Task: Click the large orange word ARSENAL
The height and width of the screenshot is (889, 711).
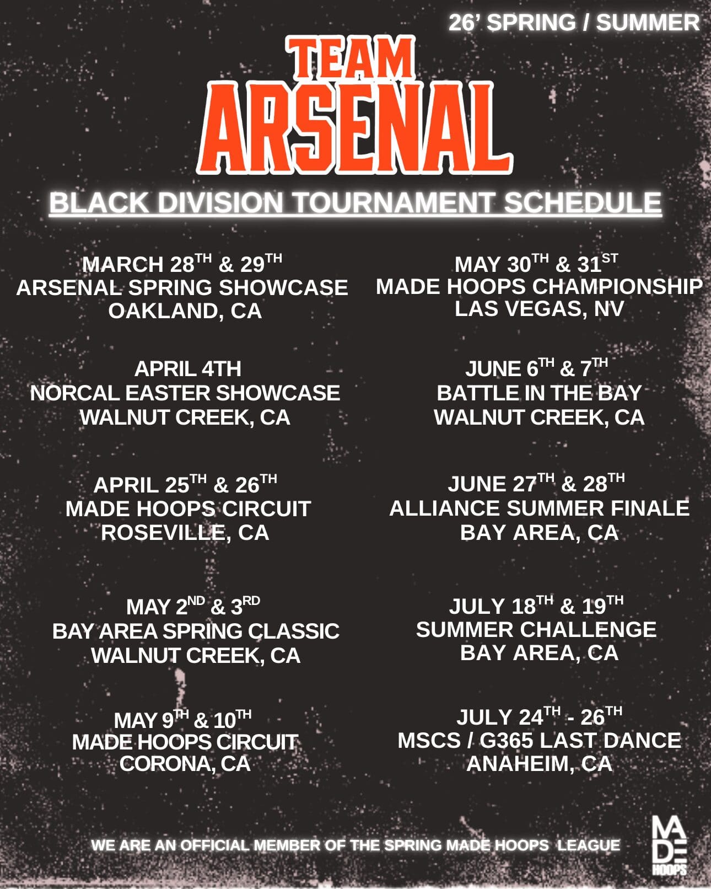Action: tap(355, 128)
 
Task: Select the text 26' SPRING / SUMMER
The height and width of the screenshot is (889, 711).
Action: tap(574, 22)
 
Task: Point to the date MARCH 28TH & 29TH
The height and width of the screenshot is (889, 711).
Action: tap(182, 263)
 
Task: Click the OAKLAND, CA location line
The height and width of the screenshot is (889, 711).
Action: tap(185, 310)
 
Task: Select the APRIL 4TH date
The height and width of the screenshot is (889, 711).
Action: tap(188, 369)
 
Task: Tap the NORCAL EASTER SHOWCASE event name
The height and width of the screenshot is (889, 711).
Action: tap(185, 393)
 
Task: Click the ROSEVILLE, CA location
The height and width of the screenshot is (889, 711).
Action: tap(185, 533)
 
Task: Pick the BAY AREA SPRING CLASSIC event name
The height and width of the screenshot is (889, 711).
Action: tap(196, 631)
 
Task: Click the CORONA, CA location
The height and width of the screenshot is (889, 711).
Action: tap(185, 763)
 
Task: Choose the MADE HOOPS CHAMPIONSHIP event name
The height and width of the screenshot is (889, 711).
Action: tap(539, 286)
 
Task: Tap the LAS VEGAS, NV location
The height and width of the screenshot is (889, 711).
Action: tap(539, 309)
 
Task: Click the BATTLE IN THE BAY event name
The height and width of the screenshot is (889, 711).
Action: tap(539, 393)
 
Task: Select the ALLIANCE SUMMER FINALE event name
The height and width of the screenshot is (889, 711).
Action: tap(539, 508)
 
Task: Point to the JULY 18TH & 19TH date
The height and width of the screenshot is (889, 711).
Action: tap(536, 606)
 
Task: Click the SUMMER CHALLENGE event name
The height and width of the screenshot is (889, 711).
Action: tap(536, 629)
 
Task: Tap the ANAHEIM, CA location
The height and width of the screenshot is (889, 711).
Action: tap(539, 763)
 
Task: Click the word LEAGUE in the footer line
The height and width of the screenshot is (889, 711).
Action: tap(589, 845)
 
